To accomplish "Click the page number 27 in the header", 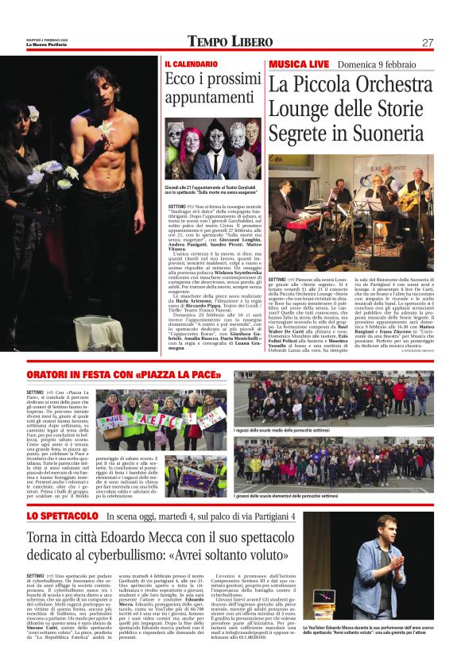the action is pos(428,42).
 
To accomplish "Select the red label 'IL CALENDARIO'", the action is pos(191,63).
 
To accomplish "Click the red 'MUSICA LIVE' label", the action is pos(298,63).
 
